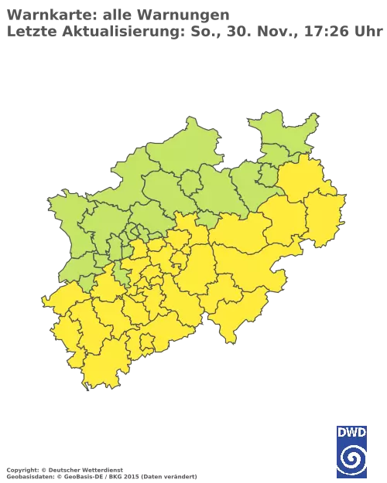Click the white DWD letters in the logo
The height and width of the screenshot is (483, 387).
pos(352,433)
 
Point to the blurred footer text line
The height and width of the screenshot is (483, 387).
pos(101,469)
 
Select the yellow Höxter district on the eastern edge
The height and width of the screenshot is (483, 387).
pos(323,216)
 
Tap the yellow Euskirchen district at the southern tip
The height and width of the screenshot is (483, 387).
pos(108,363)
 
